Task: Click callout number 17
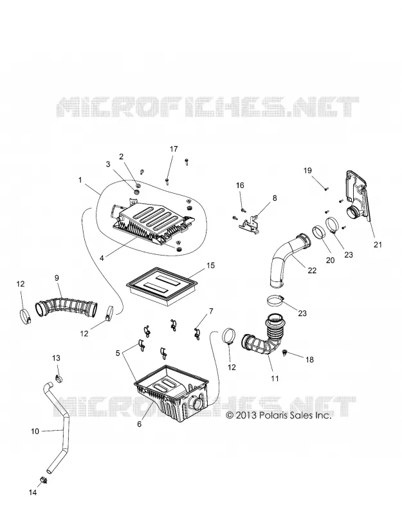tap(174, 149)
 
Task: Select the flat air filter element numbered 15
tap(163, 286)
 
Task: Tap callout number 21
tap(378, 245)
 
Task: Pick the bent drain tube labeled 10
tap(60, 427)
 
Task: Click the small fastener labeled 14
tap(42, 480)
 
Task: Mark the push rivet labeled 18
tap(285, 353)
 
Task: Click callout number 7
tap(211, 311)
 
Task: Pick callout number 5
tap(118, 353)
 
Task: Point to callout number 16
tap(240, 185)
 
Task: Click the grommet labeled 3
tap(137, 191)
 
